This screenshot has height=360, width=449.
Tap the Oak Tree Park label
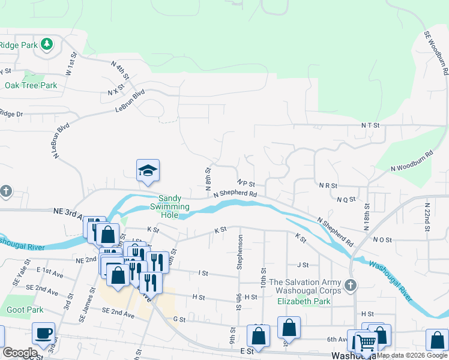pos(31,85)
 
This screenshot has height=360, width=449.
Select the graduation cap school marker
pos(148,171)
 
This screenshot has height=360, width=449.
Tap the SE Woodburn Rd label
pos(436,53)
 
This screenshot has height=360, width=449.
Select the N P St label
pos(246,183)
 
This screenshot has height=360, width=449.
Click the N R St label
pos(328,186)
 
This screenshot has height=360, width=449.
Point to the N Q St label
pos(346,199)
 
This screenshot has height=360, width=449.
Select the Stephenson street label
pos(240,251)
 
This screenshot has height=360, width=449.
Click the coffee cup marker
pos(43,333)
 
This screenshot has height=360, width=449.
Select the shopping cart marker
pos(366,343)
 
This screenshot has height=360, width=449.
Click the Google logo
pos(20,353)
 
